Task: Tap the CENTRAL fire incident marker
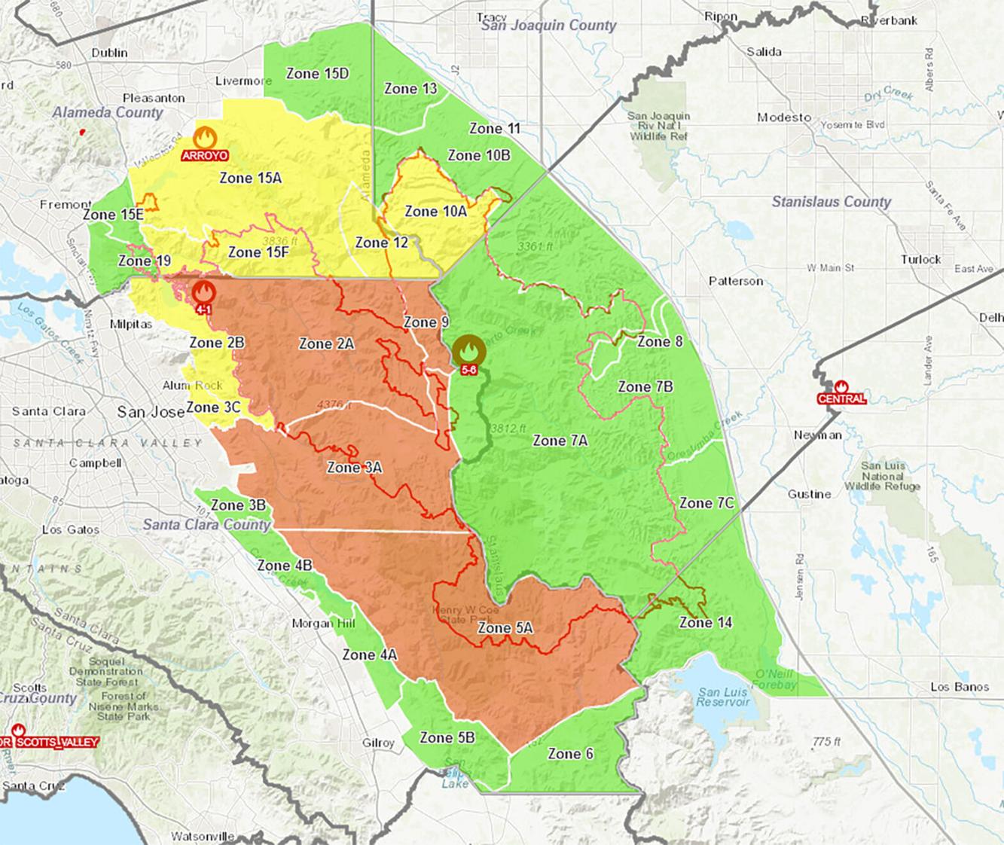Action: (x=841, y=388)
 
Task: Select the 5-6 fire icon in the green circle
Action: (x=468, y=352)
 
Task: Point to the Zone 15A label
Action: (x=250, y=178)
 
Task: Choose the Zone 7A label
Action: (x=560, y=441)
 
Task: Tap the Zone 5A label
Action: (x=505, y=627)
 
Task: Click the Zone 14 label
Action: (x=705, y=622)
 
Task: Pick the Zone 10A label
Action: (x=435, y=212)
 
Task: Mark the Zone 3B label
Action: (x=238, y=505)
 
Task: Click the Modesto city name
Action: (x=784, y=117)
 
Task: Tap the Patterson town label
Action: (x=736, y=281)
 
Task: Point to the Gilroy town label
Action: (x=378, y=743)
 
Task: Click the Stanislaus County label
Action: (x=831, y=202)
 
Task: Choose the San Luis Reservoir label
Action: (x=725, y=697)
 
